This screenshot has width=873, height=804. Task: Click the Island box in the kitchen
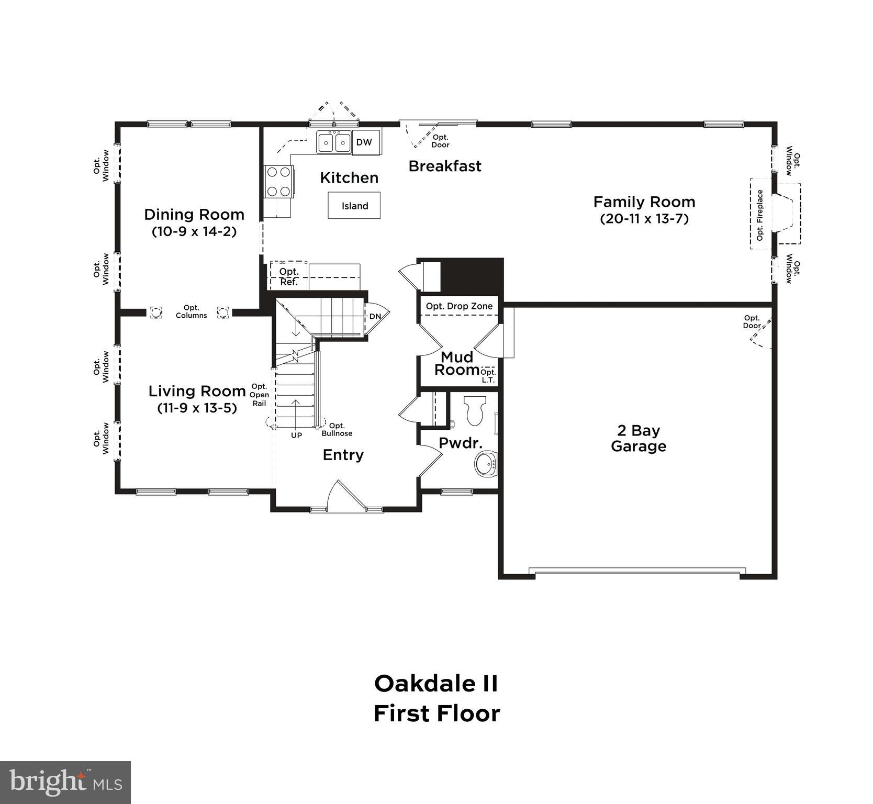pos(354,206)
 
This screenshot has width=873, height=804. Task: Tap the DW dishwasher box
pos(364,142)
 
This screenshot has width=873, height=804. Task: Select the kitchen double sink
pos(334,142)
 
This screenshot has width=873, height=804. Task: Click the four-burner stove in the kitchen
pos(278,181)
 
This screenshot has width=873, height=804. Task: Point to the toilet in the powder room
pos(475,410)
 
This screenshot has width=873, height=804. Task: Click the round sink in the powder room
pos(486,464)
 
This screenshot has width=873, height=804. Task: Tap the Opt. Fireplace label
pos(760,215)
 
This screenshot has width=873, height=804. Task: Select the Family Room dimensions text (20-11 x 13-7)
pos(644,219)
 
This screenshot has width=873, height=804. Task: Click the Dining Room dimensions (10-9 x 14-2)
pos(194,231)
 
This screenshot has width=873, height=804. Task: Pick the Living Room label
pos(197,391)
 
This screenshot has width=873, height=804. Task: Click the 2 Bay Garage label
pos(638,438)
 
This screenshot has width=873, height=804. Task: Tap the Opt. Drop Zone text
pos(459,306)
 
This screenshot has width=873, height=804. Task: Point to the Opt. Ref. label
pos(289,277)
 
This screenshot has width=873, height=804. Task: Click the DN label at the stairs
pos(375,316)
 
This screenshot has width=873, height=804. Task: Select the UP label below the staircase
pos(296,435)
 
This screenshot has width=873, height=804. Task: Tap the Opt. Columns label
pos(191,311)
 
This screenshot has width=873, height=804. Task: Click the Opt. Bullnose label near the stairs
pos(337,429)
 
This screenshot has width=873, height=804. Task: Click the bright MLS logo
pos(65,783)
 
